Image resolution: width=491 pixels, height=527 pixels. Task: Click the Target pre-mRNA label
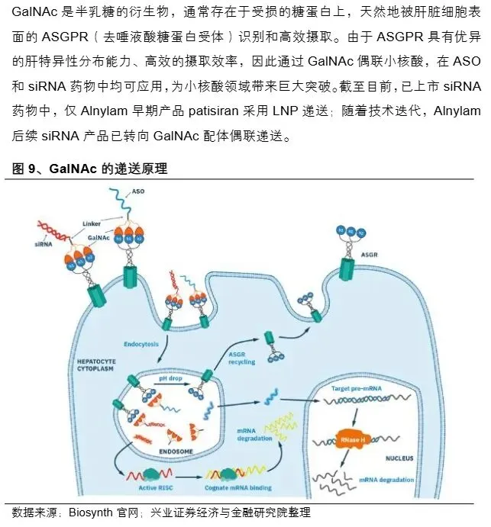tap(356, 389)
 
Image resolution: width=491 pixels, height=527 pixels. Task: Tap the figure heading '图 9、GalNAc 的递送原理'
tap(90, 169)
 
